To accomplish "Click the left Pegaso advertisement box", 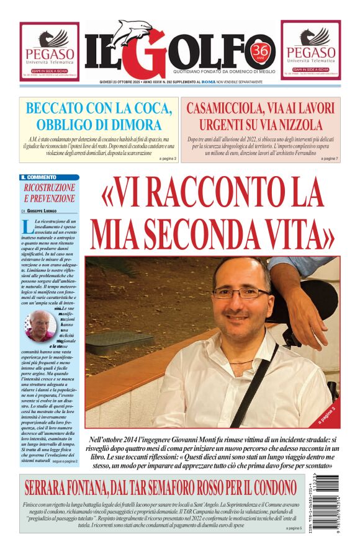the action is [x=49, y=51].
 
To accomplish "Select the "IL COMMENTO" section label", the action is [x=41, y=177].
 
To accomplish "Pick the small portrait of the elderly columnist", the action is [x=41, y=325].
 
